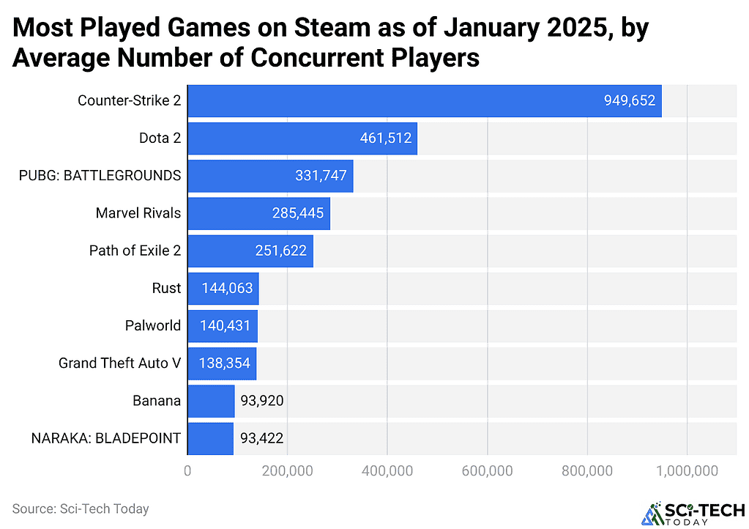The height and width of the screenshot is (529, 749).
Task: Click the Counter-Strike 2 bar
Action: point(425,101)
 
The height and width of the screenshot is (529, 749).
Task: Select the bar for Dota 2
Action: point(302,138)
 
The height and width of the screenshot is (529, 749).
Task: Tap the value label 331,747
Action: point(316,176)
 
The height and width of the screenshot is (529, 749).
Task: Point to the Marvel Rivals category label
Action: point(138,213)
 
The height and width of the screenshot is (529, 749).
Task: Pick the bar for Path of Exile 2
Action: point(250,251)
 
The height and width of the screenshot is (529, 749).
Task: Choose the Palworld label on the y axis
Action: point(152,326)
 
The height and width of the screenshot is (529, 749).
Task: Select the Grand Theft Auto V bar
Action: point(222,363)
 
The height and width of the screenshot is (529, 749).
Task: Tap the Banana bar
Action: point(211,401)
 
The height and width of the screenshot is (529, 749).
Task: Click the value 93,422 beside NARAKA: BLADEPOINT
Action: point(258,439)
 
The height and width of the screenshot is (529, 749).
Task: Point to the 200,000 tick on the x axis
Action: point(287,472)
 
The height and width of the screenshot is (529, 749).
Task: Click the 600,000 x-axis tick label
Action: point(487,472)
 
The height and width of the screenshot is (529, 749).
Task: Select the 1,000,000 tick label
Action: point(687,472)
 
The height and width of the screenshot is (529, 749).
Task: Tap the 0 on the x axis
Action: point(188,472)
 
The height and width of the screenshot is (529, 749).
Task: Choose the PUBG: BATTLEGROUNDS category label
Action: point(100,176)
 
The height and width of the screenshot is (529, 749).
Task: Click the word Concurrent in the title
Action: point(302,57)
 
